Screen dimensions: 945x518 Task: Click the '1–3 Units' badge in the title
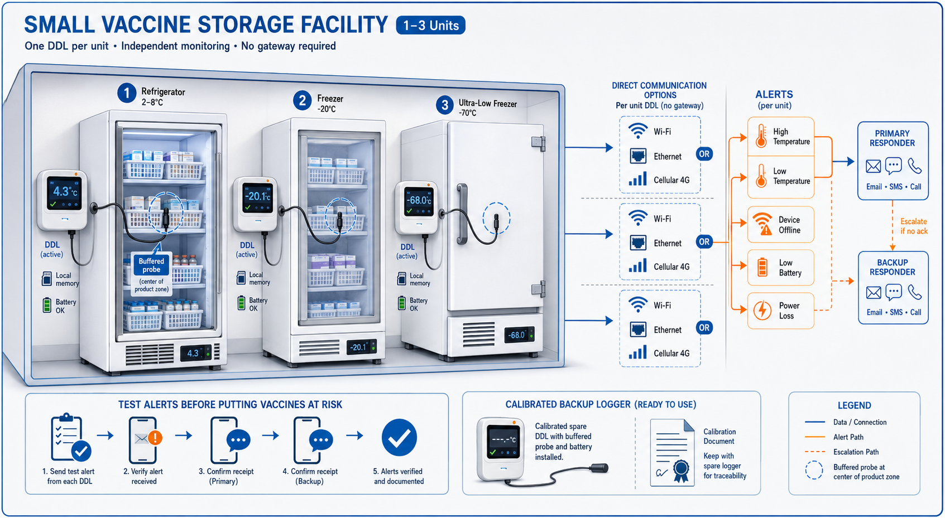coord(430,25)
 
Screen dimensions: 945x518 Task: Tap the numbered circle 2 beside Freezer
coord(302,101)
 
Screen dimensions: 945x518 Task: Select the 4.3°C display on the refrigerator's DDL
coord(64,193)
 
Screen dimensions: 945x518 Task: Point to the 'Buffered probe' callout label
coord(151,265)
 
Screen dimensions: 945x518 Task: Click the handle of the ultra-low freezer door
coord(462,214)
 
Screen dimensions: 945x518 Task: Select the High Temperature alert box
coord(780,137)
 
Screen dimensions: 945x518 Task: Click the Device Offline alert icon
coord(762,224)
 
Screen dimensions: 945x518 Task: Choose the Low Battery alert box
coord(780,268)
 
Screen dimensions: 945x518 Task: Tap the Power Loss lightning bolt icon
coord(762,311)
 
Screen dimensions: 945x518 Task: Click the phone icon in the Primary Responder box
coord(914,166)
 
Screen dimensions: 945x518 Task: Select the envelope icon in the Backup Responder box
coord(874,292)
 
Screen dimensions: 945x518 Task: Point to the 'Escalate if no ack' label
coord(914,226)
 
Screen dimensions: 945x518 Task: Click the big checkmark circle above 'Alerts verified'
coord(399,438)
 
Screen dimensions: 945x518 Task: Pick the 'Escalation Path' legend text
coord(856,452)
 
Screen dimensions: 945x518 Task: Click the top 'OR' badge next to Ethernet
coord(704,154)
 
